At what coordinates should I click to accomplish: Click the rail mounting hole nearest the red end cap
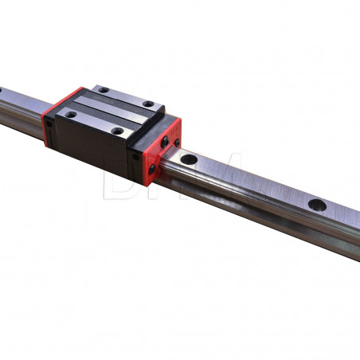tap(189, 160)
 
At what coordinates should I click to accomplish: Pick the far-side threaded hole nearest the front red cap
tap(148, 104)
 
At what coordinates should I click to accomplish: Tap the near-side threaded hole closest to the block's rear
tap(71, 114)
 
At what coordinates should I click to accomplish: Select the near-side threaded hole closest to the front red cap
tap(117, 130)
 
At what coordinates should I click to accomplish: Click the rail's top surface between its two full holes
tap(255, 182)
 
